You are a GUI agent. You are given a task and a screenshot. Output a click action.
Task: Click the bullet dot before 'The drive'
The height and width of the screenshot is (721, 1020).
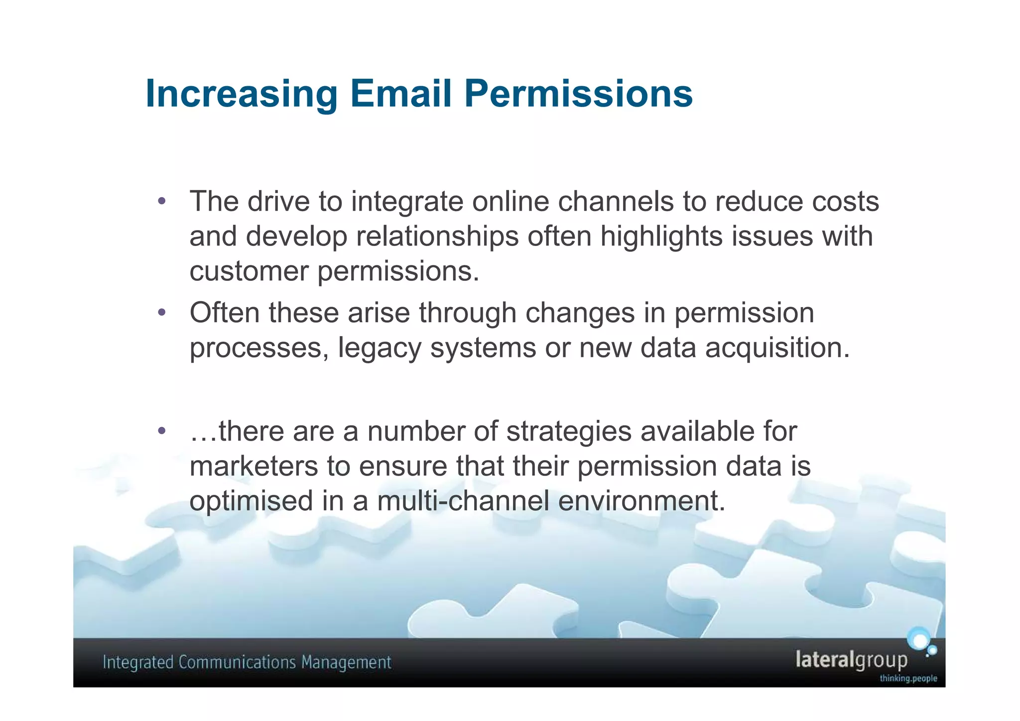pos(161,202)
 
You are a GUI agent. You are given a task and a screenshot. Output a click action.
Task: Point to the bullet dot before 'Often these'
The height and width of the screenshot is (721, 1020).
pos(161,313)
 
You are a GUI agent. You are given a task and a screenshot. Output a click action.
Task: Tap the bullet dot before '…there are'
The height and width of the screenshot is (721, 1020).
pos(161,431)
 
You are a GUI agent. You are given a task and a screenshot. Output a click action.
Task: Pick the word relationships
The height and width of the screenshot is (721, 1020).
pos(437,236)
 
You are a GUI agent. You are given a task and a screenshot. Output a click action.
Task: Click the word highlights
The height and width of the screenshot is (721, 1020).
pos(661,236)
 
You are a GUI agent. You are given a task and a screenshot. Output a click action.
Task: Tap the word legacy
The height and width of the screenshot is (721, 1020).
pos(380,348)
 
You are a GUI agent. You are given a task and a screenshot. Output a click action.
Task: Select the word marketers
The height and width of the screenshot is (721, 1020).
pos(254,466)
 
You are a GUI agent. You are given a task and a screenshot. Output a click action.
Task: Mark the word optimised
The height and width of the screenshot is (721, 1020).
pos(251,501)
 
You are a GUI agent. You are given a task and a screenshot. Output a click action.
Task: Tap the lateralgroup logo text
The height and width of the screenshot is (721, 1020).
pos(851,660)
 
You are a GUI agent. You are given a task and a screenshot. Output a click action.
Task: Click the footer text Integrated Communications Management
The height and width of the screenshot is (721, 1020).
pos(247,663)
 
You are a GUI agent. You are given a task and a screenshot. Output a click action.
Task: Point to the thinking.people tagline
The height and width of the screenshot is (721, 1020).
pos(908,679)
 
